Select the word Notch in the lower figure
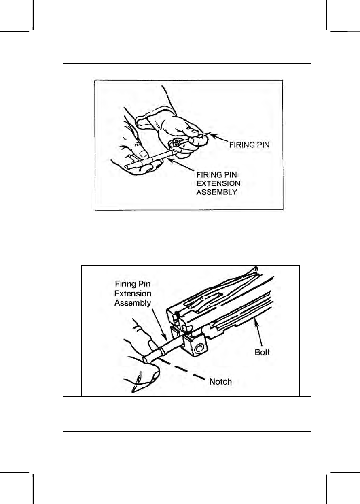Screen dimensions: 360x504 [x=220, y=381]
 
